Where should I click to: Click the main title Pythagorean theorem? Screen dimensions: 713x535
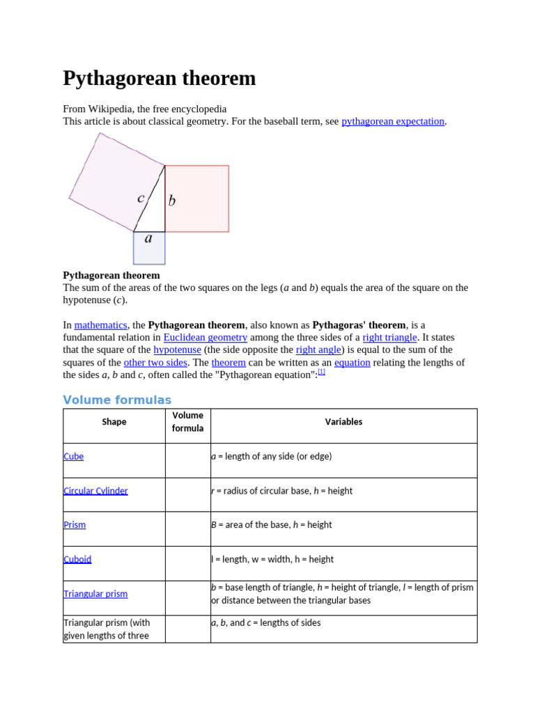click(160, 78)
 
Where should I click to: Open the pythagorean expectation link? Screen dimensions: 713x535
click(393, 121)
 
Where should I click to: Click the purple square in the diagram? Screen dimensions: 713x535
click(111, 178)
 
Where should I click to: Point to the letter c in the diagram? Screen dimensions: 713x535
click(141, 198)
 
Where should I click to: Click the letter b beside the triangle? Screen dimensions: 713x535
click(172, 201)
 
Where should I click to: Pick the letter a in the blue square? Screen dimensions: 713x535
click(148, 238)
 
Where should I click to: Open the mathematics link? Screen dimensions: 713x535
click(100, 325)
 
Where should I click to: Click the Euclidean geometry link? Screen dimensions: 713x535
click(205, 338)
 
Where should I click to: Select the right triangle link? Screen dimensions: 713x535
click(389, 338)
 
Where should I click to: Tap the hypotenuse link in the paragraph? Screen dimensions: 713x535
click(177, 350)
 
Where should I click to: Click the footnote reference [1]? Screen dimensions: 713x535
click(322, 372)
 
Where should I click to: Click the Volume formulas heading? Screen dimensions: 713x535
click(117, 400)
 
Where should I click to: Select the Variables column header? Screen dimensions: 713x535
click(343, 422)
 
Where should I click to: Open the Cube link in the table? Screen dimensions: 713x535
click(74, 457)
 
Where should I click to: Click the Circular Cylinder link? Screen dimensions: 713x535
click(95, 491)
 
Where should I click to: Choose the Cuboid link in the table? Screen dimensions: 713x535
click(77, 559)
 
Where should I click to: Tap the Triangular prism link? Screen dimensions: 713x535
click(95, 594)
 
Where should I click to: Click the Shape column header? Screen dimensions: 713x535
click(114, 422)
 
